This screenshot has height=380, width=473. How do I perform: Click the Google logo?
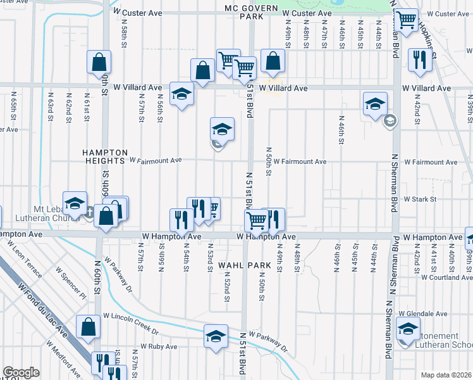pyautogui.click(x=21, y=372)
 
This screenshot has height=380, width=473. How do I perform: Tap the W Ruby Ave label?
pyautogui.click(x=159, y=346)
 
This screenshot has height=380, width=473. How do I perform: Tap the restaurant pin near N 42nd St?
pyautogui.click(x=420, y=60)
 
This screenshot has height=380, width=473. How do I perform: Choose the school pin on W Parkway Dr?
pyautogui.click(x=216, y=335)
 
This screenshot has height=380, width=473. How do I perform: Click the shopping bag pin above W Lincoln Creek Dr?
pyautogui.click(x=89, y=326)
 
